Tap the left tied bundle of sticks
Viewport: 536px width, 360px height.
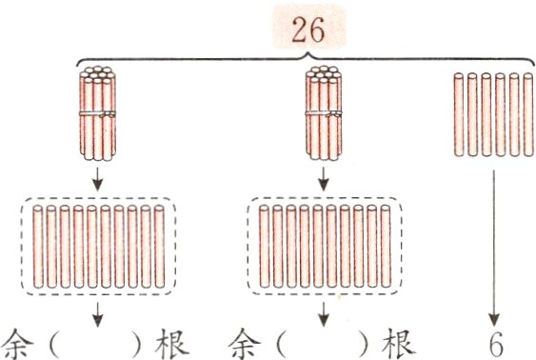click(x=96, y=113)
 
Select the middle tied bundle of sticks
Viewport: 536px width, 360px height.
click(x=324, y=113)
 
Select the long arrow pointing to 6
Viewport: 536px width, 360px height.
click(x=494, y=248)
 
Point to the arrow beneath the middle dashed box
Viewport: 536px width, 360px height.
click(x=325, y=314)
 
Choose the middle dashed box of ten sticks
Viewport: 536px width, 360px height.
click(x=325, y=247)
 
